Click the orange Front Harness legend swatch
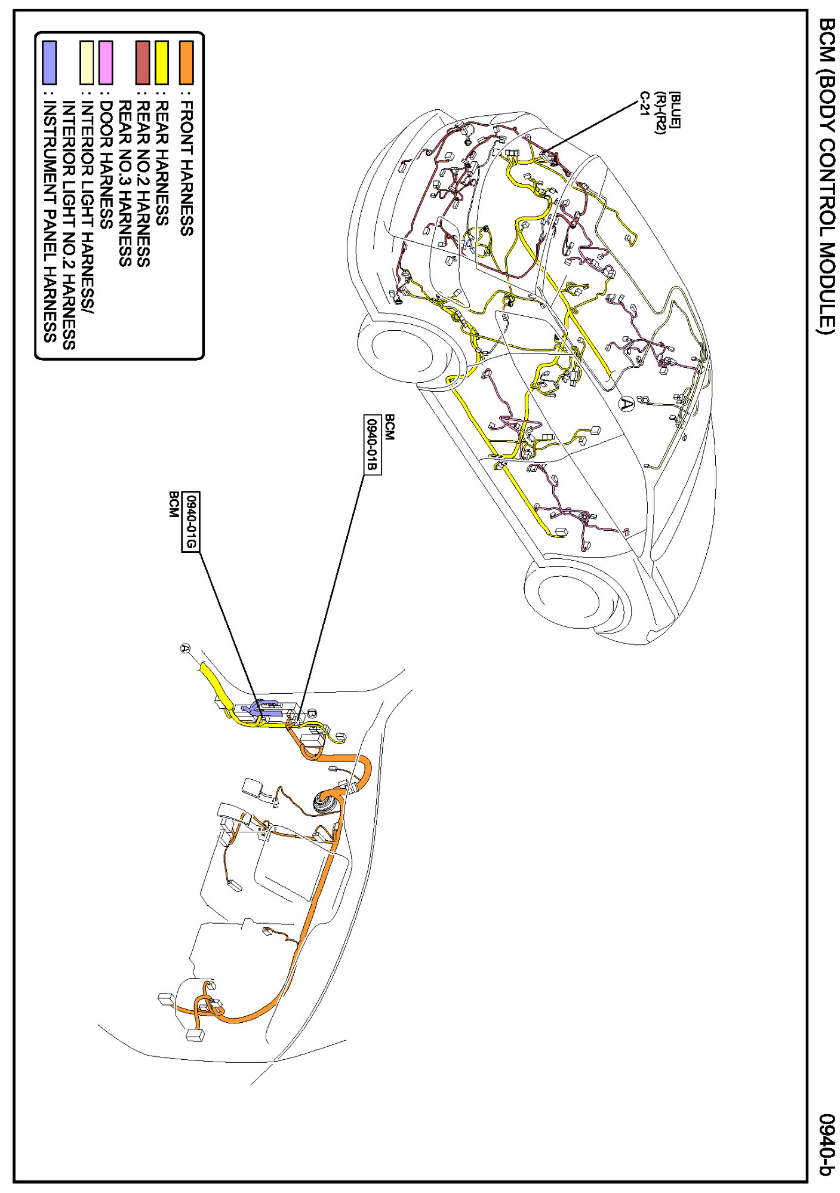tap(186, 62)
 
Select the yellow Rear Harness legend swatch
tap(162, 62)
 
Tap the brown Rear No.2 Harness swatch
tap(143, 62)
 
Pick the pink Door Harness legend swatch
tap(106, 62)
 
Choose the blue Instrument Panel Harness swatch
tap(50, 62)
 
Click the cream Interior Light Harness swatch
tap(87, 62)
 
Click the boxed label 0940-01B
tap(372, 445)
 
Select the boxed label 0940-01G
tap(190, 522)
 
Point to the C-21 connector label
tap(644, 104)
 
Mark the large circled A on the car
tap(625, 404)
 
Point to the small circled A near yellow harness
tap(186, 648)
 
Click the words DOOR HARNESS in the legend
tap(106, 165)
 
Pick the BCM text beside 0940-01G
tap(173, 505)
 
